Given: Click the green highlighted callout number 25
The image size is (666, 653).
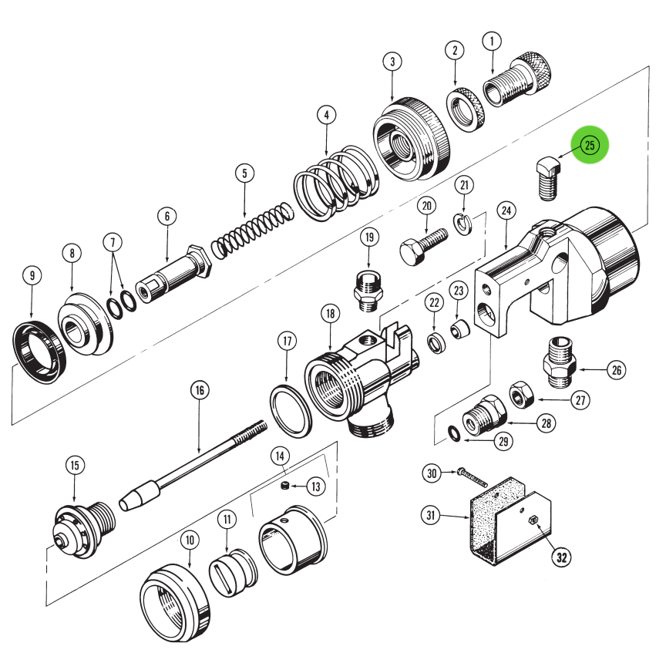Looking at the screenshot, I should tap(590, 146).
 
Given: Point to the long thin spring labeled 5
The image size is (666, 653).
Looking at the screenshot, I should tap(252, 229).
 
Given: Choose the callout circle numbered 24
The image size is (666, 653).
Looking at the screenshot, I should tap(506, 210).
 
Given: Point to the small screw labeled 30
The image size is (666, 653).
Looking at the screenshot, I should tap(472, 476).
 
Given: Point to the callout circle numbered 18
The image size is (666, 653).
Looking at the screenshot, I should tap(330, 314).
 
